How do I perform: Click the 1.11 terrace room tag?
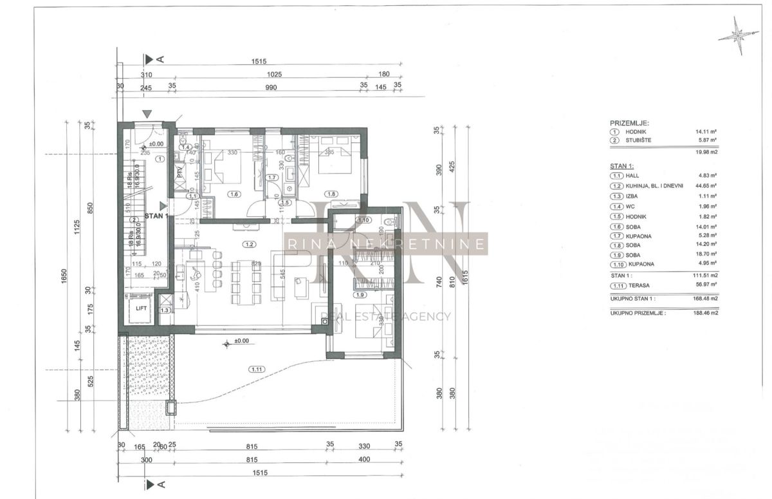point(255,369)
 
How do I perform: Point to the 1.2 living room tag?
point(249,245)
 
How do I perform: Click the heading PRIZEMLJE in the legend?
point(629,122)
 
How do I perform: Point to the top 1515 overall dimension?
point(259,62)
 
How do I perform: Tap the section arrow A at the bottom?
point(151,484)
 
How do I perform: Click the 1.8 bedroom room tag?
point(332,193)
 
